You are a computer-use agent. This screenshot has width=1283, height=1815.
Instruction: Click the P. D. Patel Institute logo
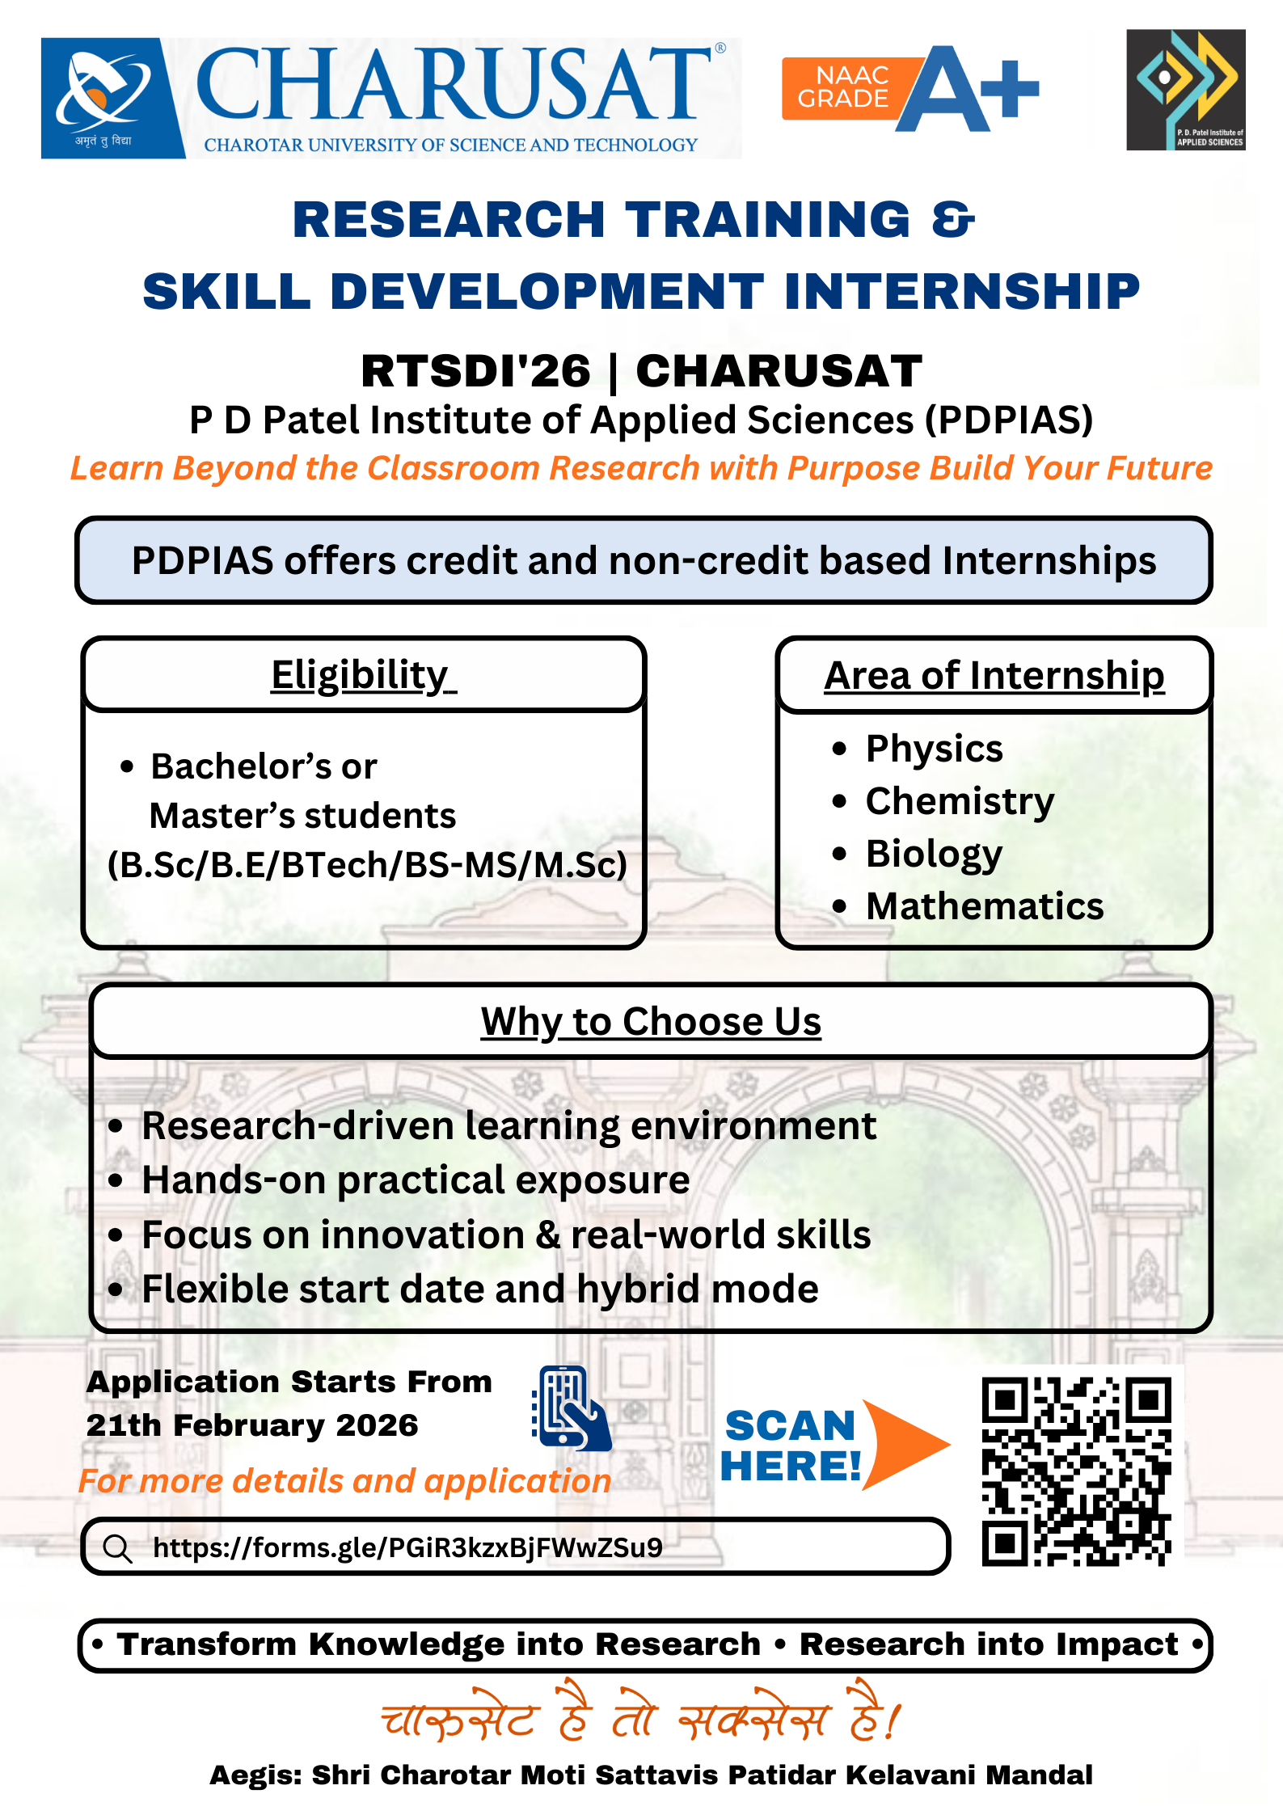pyautogui.click(x=1186, y=90)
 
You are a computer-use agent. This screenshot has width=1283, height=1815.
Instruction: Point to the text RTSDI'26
pyautogui.click(x=476, y=371)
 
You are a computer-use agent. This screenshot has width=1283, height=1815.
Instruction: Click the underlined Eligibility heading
pyautogui.click(x=364, y=675)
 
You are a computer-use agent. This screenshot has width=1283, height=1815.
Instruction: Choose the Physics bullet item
pyautogui.click(x=934, y=749)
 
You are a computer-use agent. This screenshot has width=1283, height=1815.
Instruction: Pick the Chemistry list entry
pyautogui.click(x=960, y=801)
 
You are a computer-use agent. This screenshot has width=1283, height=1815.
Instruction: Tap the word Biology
pyautogui.click(x=934, y=855)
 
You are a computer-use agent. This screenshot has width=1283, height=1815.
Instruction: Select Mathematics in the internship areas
pyautogui.click(x=985, y=906)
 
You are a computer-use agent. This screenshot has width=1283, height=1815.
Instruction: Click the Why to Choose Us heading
pyautogui.click(x=651, y=1022)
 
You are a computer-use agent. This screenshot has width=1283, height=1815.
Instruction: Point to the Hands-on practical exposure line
pyautogui.click(x=416, y=1180)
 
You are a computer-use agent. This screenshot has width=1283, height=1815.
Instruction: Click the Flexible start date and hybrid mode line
pyautogui.click(x=480, y=1289)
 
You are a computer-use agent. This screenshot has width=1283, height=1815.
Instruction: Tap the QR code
pyautogui.click(x=1077, y=1471)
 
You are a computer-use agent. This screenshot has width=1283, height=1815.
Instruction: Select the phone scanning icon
pyautogui.click(x=572, y=1408)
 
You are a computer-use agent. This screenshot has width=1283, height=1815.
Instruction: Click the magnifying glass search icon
pyautogui.click(x=118, y=1548)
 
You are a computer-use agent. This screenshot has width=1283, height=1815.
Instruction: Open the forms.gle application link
pyautogui.click(x=407, y=1547)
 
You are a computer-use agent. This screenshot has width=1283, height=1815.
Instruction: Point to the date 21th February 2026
pyautogui.click(x=252, y=1425)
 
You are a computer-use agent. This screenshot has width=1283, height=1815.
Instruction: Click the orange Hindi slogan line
pyautogui.click(x=641, y=1714)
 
